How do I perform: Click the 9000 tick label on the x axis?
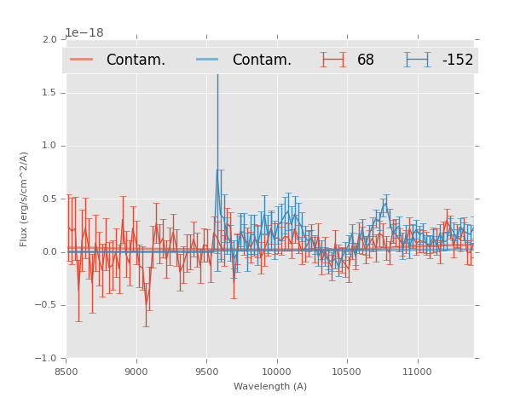click(x=136, y=372)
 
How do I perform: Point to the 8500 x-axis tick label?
click(x=66, y=372)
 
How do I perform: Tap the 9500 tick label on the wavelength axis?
click(x=206, y=372)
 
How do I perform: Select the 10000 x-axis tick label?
click(x=276, y=372)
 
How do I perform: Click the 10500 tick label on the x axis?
click(x=346, y=372)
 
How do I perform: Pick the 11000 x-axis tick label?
click(x=417, y=372)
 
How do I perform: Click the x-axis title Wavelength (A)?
click(x=270, y=387)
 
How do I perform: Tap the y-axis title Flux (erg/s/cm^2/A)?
click(x=25, y=199)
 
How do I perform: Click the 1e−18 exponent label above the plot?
click(x=84, y=33)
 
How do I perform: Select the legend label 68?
click(x=366, y=60)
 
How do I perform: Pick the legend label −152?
click(x=457, y=60)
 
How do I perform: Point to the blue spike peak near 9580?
click(x=217, y=75)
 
